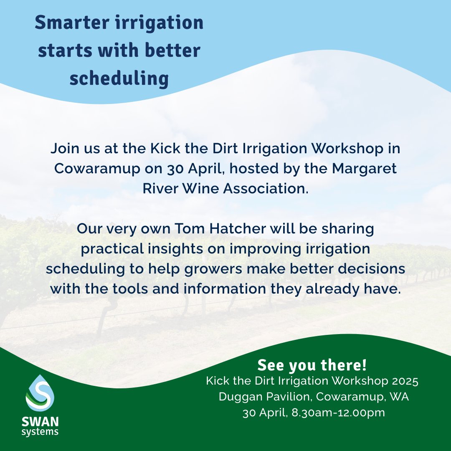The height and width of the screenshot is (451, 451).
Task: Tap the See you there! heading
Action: [x=312, y=365]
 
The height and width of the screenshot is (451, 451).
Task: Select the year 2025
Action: [x=403, y=382]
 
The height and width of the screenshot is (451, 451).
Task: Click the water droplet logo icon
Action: [x=40, y=393]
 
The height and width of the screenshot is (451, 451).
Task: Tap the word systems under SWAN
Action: [x=40, y=432]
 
